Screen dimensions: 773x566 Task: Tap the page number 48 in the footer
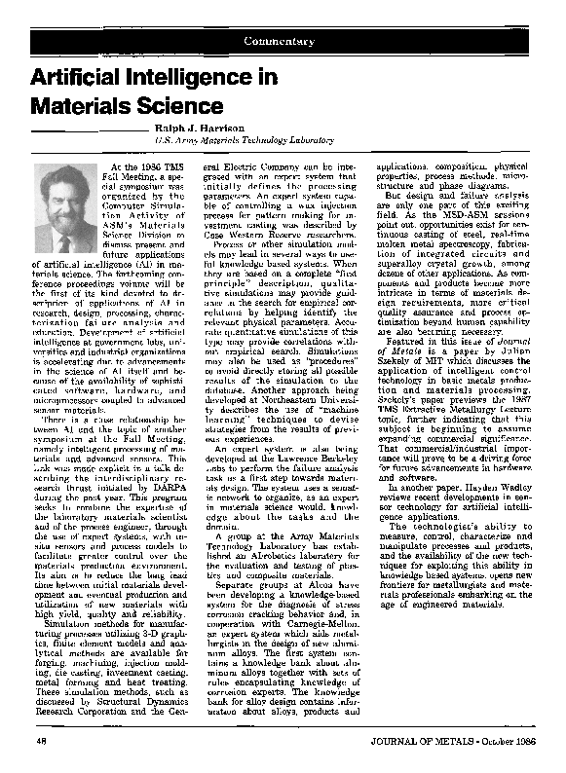point(43,742)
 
